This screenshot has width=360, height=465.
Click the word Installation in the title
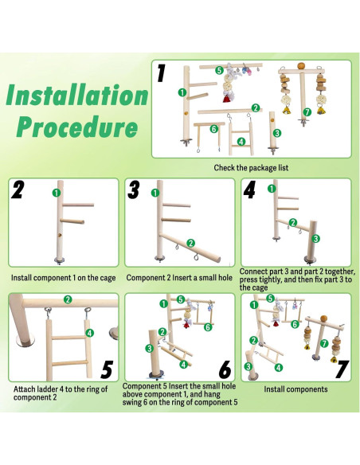pyautogui.click(x=77, y=95)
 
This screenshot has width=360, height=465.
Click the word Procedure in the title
pyautogui.click(x=78, y=127)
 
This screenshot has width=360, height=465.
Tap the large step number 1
pyautogui.click(x=161, y=73)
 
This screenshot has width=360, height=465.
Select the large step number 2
pyautogui.click(x=18, y=190)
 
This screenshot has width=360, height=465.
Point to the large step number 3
pyautogui.click(x=134, y=190)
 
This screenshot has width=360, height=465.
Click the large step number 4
pyautogui.click(x=249, y=190)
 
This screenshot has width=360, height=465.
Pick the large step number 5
pyautogui.click(x=107, y=369)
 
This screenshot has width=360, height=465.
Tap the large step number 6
pyautogui.click(x=225, y=369)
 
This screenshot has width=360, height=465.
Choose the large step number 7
pyautogui.click(x=342, y=369)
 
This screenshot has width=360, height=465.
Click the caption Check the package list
pyautogui.click(x=251, y=168)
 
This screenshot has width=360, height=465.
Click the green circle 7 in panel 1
pyautogui.click(x=307, y=112)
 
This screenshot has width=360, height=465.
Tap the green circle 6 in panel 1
pyautogui.click(x=213, y=129)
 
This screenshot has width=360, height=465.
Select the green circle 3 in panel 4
pyautogui.click(x=315, y=238)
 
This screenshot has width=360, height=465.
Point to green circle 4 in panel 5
pyautogui.click(x=89, y=333)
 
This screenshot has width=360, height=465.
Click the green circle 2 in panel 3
pyautogui.click(x=190, y=244)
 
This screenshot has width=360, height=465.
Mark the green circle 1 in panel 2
pyautogui.click(x=57, y=193)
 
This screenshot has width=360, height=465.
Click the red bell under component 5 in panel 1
pyautogui.click(x=227, y=99)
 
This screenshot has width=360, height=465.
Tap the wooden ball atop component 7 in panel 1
pyautogui.click(x=301, y=65)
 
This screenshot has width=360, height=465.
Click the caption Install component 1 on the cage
pyautogui.click(x=63, y=278)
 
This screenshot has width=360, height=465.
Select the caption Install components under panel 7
pyautogui.click(x=295, y=389)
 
